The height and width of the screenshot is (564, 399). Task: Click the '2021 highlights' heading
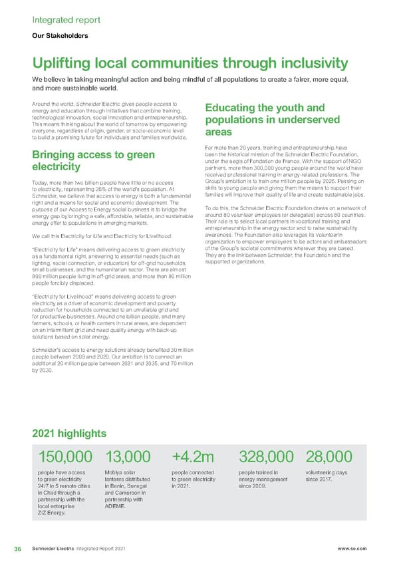point(69,434)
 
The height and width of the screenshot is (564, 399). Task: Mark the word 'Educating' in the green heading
point(236,108)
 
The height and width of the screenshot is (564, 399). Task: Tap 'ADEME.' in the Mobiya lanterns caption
point(116,505)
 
